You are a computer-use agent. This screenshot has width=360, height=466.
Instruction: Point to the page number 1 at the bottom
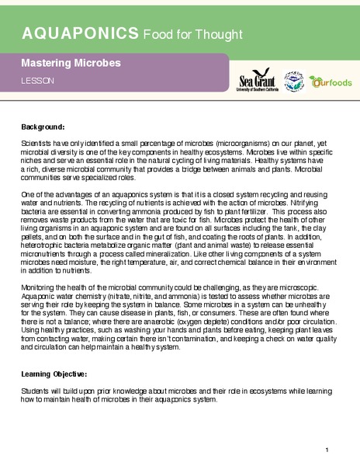click(327, 450)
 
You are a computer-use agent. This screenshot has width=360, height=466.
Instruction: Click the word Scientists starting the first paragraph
click(37, 145)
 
